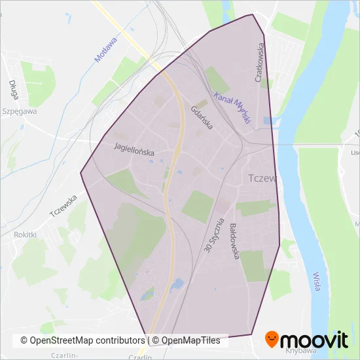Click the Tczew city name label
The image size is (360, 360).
264,179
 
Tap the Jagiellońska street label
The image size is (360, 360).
134,149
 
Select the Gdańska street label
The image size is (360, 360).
202,118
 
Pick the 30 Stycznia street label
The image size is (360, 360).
213,236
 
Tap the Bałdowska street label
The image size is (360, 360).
234,242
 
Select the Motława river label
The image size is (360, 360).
105,50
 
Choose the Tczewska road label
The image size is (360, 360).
63,206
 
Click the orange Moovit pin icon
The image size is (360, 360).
273,340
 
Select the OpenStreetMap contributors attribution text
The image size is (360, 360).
82,340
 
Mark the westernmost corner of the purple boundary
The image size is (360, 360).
81,173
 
